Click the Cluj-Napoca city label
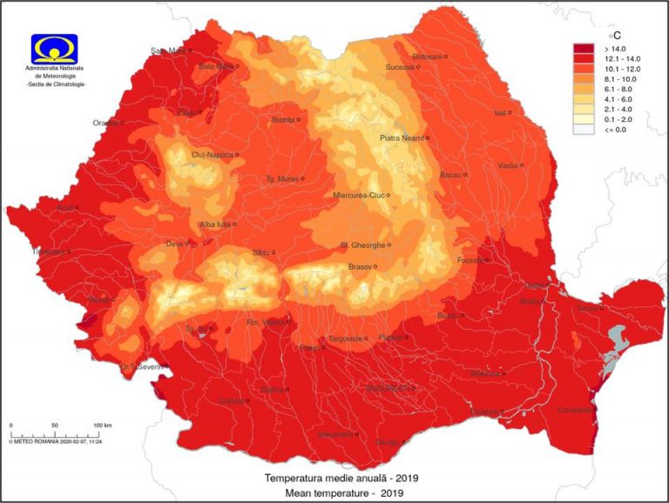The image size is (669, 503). [212, 155]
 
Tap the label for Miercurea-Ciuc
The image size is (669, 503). [358, 196]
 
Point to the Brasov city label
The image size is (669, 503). [360, 266]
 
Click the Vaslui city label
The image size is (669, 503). [507, 164]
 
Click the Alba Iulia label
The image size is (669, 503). [215, 224]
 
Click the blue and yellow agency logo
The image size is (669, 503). [54, 49]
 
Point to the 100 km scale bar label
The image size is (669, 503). [102, 425]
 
